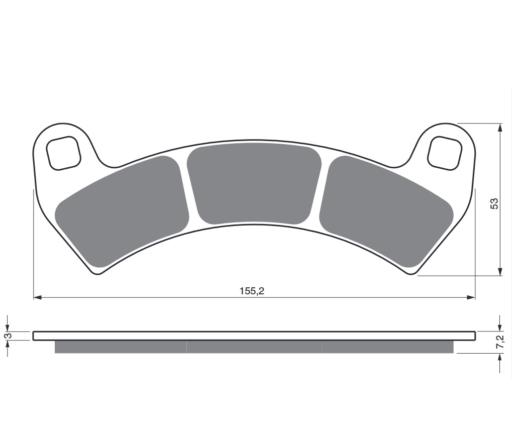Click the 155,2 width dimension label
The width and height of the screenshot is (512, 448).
tap(252, 291)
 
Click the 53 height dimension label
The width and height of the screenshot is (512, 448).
tap(494, 203)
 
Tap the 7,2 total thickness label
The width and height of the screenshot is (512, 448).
tap(500, 342)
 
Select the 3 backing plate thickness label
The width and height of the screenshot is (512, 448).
tap(9, 335)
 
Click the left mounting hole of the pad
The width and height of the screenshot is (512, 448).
tap(64, 153)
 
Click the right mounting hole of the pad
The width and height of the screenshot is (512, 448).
tap(445, 153)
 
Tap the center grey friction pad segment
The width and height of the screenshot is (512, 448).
tap(254, 184)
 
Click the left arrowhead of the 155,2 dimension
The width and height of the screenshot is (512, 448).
tap(38, 298)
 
